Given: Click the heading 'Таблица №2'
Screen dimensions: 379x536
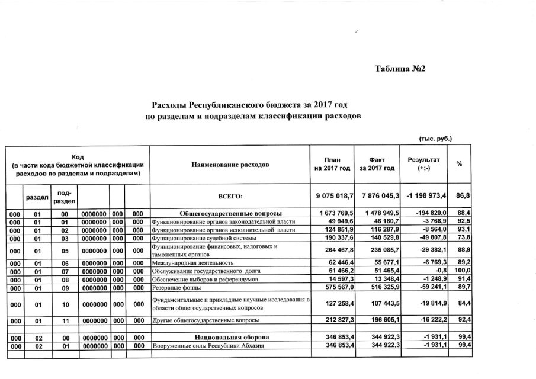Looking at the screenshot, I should point(400,69).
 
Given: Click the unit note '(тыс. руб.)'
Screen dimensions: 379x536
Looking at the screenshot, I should point(435,139).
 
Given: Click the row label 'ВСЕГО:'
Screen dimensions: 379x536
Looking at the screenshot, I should point(230,195).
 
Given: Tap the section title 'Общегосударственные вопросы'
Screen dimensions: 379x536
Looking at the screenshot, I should point(230,213).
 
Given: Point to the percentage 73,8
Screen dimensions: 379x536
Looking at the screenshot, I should point(463,237).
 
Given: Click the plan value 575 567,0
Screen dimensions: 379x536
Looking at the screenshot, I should point(338,287).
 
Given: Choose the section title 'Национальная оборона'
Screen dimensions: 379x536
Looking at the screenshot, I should point(230,336).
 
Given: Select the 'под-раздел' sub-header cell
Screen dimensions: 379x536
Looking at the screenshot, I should point(62,195).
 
